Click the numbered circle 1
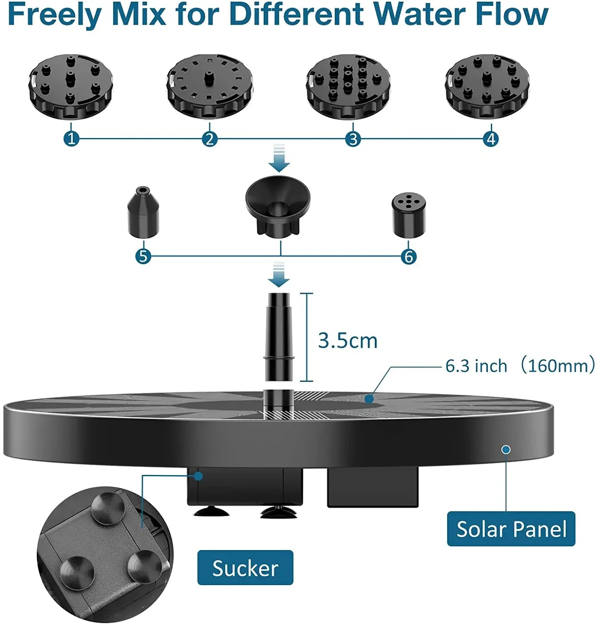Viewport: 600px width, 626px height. [x=71, y=139]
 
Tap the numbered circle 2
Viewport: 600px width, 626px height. [x=210, y=139]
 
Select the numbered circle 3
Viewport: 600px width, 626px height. [x=353, y=139]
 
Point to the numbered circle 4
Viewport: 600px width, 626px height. [x=491, y=139]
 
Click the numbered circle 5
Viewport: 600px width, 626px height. [x=143, y=256]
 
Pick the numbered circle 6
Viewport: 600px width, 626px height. [x=409, y=256]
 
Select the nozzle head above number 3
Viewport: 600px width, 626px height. [x=348, y=87]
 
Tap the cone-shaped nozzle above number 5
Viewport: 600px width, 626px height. [x=143, y=212]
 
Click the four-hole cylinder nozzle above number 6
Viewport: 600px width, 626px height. [x=409, y=215]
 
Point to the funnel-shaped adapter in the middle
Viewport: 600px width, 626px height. [x=278, y=206]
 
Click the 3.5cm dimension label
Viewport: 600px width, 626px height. [x=348, y=341]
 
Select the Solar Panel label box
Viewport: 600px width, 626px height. [x=511, y=529]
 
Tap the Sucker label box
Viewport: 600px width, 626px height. [x=245, y=568]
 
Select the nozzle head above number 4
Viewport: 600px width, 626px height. [x=487, y=87]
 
